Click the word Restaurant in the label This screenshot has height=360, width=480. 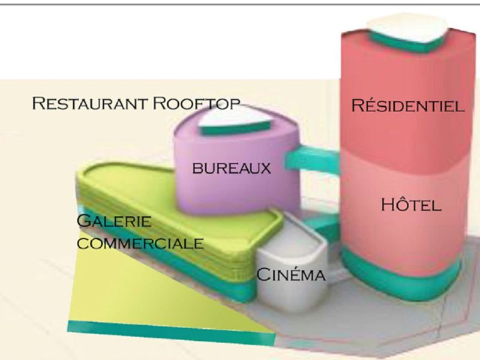click(89, 103)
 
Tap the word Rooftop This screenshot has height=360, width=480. click(196, 103)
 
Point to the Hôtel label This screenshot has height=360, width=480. click(411, 204)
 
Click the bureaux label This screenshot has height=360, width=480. click(232, 168)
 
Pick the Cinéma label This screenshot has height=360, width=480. click(290, 274)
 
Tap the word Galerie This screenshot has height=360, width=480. click(114, 221)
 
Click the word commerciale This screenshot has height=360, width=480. click(140, 244)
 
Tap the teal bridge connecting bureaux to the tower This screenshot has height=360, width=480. click(312, 159)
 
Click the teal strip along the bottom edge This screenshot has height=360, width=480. click(172, 333)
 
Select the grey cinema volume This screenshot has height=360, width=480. click(292, 263)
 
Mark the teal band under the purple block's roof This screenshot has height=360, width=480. click(234, 128)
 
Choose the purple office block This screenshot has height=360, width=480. click(236, 172)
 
